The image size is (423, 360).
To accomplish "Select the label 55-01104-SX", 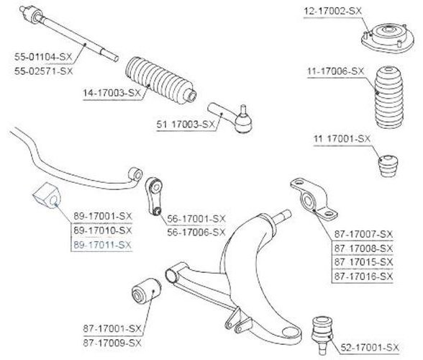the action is [x=43, y=57].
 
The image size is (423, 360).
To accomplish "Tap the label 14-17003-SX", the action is [x=112, y=93].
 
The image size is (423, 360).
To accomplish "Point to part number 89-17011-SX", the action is [x=102, y=245].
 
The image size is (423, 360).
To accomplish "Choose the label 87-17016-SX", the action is [x=363, y=276].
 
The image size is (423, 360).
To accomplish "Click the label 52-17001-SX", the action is [x=370, y=347].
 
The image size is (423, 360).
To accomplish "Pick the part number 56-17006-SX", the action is [x=196, y=232].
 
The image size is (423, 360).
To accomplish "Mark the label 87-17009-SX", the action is [x=112, y=343].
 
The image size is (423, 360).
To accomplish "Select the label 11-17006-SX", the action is [x=336, y=71].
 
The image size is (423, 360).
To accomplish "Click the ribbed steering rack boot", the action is [x=161, y=80].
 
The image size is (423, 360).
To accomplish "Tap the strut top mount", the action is [x=387, y=38].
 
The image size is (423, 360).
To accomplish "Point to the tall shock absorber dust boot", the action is [x=388, y=97].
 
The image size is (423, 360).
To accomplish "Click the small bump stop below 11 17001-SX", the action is [x=388, y=166].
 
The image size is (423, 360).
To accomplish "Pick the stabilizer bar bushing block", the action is [x=47, y=196].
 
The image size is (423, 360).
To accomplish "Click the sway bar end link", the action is [x=154, y=196].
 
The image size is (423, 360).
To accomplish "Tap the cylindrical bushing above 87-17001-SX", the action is [x=146, y=290].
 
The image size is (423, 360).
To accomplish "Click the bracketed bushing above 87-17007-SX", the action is [x=314, y=199].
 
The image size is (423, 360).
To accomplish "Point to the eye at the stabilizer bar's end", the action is [x=135, y=174].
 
